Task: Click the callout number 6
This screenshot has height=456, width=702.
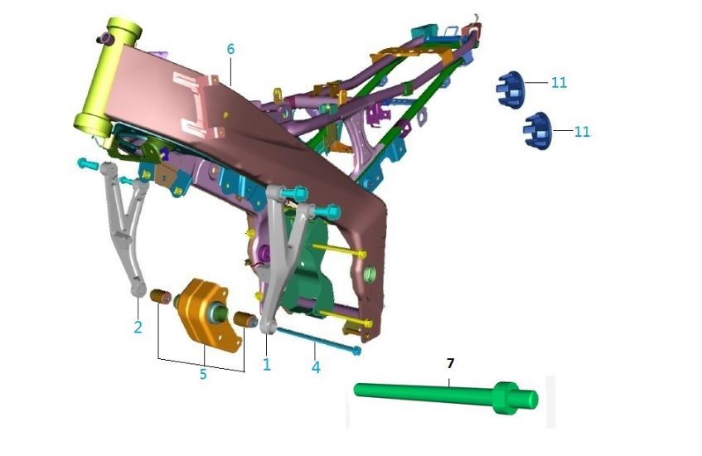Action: (x=230, y=49)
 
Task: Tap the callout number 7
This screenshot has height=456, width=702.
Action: (x=450, y=363)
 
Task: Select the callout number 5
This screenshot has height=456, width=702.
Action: (x=203, y=374)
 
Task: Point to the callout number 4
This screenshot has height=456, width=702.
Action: (x=316, y=367)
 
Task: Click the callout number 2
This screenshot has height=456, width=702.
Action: (x=138, y=327)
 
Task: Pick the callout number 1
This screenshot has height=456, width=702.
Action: (x=267, y=365)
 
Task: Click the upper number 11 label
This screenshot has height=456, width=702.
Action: (x=559, y=82)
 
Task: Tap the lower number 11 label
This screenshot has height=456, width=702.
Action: (x=582, y=132)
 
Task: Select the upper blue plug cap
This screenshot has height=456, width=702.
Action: (x=511, y=90)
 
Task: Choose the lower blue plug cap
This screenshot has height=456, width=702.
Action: (x=537, y=131)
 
